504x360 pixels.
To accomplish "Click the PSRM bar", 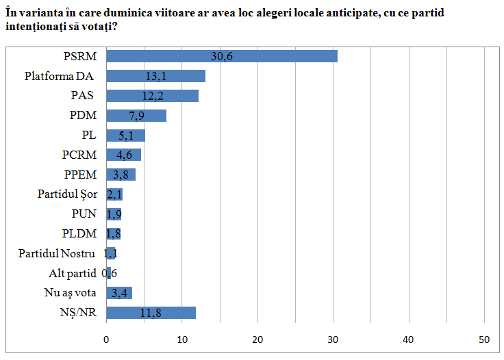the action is point(222,56).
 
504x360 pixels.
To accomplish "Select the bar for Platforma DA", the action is point(156,76).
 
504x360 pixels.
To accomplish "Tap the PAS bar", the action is point(152,96).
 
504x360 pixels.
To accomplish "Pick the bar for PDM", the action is point(136,116).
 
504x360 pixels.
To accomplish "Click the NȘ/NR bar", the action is point(151,313).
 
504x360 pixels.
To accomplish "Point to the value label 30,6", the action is point(221,57).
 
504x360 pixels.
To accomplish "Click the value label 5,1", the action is point(126,136).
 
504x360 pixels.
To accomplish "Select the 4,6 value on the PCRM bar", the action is point(124,155).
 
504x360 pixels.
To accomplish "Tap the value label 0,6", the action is point(110,273).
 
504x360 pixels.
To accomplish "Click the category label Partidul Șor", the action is point(67,194).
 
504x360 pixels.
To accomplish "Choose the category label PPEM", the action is point(80,175).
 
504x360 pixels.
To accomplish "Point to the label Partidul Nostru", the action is point(57,253).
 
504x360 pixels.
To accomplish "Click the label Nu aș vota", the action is point(71,293).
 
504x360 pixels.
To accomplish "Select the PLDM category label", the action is point(79,233).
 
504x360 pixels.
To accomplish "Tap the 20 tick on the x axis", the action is point(257,339).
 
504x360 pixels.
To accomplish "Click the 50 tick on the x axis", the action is point(484,339).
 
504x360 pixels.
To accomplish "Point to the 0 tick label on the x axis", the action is point(106,339).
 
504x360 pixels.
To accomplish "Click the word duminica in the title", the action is point(128,13).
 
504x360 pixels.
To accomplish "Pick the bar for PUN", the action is point(114,214).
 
